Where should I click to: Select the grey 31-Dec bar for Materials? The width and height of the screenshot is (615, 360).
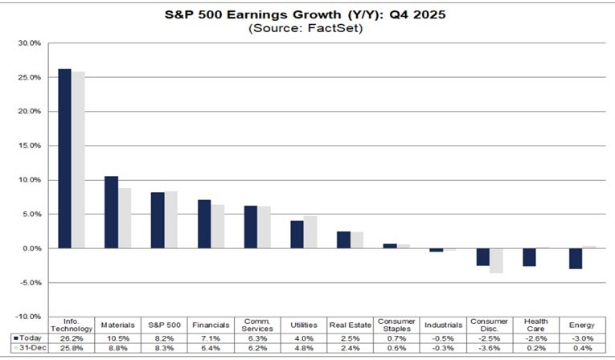click(124, 218)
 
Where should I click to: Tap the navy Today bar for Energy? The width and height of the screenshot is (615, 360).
click(576, 258)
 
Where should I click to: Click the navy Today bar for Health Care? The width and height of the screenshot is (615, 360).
click(529, 256)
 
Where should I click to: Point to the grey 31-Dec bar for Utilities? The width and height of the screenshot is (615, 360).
click(310, 231)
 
